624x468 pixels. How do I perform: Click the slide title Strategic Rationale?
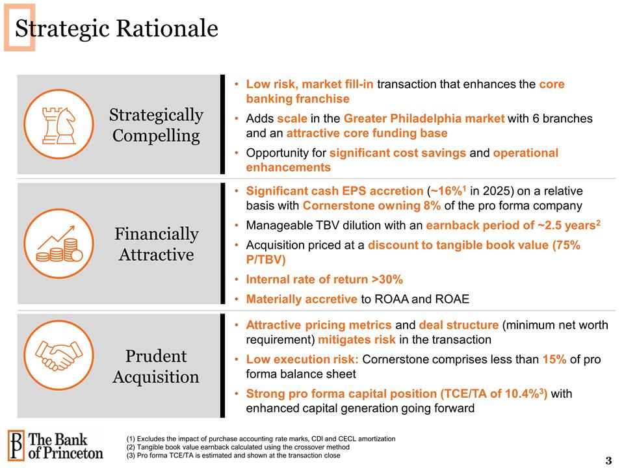(116, 28)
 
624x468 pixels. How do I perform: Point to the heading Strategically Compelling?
(156, 125)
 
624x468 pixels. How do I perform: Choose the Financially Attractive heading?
(156, 244)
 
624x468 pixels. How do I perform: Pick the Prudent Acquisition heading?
(156, 367)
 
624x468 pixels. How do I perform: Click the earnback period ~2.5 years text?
(512, 226)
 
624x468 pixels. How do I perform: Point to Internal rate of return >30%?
(324, 279)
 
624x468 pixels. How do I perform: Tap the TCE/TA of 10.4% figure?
(502, 394)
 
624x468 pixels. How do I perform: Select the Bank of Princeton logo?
(56, 445)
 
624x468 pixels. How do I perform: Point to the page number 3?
(608, 461)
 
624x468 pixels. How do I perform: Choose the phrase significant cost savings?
(397, 153)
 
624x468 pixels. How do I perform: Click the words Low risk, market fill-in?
(309, 84)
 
